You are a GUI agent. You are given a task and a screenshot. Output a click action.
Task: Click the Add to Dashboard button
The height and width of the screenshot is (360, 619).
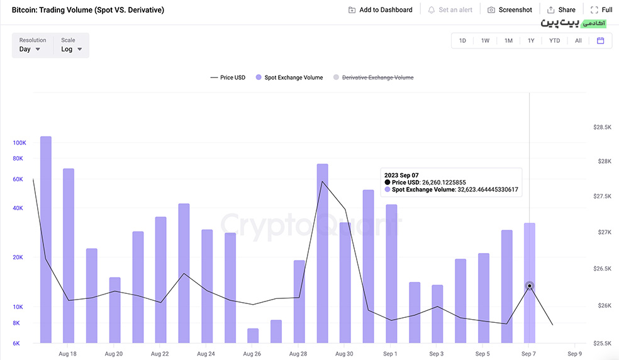[380, 10]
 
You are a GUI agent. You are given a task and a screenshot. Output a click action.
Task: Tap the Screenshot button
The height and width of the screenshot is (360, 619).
[510, 10]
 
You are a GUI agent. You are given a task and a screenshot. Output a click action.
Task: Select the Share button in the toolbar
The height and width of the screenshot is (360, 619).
[561, 10]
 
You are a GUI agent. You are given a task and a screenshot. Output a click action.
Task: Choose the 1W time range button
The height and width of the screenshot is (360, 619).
[485, 41]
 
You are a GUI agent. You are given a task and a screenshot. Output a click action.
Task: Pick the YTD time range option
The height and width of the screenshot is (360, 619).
[554, 41]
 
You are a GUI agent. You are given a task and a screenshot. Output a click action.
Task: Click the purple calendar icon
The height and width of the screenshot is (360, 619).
[601, 41]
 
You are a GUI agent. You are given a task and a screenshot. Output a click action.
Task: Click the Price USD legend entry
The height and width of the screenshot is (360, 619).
[228, 77]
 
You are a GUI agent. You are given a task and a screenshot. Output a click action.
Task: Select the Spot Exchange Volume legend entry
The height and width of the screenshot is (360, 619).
[289, 77]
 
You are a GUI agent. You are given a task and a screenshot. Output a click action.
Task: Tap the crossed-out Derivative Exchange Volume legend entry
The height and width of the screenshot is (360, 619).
[374, 77]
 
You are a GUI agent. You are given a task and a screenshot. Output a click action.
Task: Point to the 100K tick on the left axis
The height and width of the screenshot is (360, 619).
[20, 143]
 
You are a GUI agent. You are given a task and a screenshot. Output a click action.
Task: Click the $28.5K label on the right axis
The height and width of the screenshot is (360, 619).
[602, 127]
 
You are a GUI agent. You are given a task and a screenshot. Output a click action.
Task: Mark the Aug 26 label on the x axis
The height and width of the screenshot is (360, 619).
[252, 354]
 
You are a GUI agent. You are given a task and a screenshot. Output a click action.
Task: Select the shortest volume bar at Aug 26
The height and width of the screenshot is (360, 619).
[253, 335]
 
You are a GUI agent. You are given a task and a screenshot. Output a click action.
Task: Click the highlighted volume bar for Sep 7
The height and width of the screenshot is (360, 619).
[530, 283]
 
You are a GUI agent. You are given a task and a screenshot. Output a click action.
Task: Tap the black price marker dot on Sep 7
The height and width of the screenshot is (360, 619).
[530, 286]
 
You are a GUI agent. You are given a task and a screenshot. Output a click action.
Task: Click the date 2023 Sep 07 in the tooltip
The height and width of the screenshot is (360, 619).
[401, 175]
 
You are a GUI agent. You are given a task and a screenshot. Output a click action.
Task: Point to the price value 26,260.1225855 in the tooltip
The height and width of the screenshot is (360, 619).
[443, 182]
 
